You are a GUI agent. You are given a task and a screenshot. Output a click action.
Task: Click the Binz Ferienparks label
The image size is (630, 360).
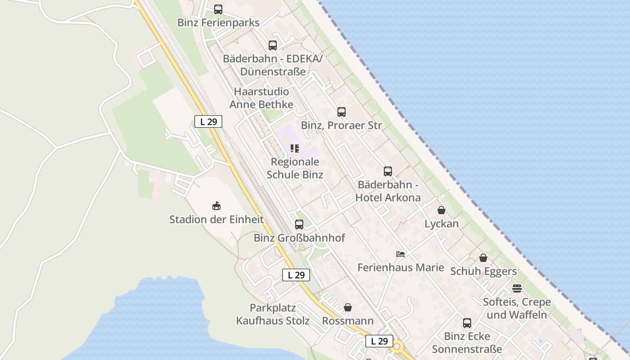click(x=218, y=22)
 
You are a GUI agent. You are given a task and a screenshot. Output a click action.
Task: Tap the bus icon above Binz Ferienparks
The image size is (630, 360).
click(x=218, y=9)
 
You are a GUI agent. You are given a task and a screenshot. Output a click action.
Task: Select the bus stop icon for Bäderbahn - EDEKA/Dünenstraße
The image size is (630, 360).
click(x=273, y=45)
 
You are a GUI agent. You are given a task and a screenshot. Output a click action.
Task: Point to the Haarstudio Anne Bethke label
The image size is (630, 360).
click(x=261, y=98)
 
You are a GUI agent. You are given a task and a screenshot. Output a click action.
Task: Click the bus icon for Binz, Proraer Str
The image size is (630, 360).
click(x=342, y=112)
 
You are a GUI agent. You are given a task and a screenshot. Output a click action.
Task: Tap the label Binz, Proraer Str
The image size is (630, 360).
click(x=341, y=126)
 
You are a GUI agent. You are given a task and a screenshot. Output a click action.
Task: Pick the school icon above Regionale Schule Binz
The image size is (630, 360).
click(x=295, y=148)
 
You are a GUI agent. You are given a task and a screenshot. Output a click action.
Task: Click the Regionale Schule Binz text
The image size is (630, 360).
click(x=295, y=168)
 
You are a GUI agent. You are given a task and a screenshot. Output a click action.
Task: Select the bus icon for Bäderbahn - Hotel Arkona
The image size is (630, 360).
click(x=388, y=171)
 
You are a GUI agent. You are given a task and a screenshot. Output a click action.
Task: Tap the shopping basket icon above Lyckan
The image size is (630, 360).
click(x=441, y=210)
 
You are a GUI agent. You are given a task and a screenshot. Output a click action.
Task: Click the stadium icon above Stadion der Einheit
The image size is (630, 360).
click(x=216, y=206)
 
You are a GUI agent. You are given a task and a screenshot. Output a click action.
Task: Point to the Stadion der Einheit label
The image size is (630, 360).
click(x=216, y=220)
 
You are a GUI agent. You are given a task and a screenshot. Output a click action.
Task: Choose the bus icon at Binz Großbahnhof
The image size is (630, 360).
click(x=299, y=224)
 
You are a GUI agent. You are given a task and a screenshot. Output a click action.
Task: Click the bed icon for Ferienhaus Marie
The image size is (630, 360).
click(x=400, y=254)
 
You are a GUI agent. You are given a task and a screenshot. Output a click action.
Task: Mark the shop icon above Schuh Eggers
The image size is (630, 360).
click(x=483, y=258)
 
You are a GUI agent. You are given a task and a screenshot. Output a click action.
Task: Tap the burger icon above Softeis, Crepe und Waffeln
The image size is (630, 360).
click(x=517, y=288)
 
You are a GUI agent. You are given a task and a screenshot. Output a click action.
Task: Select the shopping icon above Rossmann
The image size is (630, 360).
click(x=348, y=307)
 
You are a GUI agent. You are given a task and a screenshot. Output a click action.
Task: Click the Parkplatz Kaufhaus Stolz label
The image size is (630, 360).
click(x=273, y=314)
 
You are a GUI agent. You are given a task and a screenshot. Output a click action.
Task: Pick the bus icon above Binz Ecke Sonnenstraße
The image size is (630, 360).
click(x=467, y=323)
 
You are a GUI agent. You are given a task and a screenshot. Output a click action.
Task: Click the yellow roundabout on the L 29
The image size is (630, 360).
click(x=397, y=346)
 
